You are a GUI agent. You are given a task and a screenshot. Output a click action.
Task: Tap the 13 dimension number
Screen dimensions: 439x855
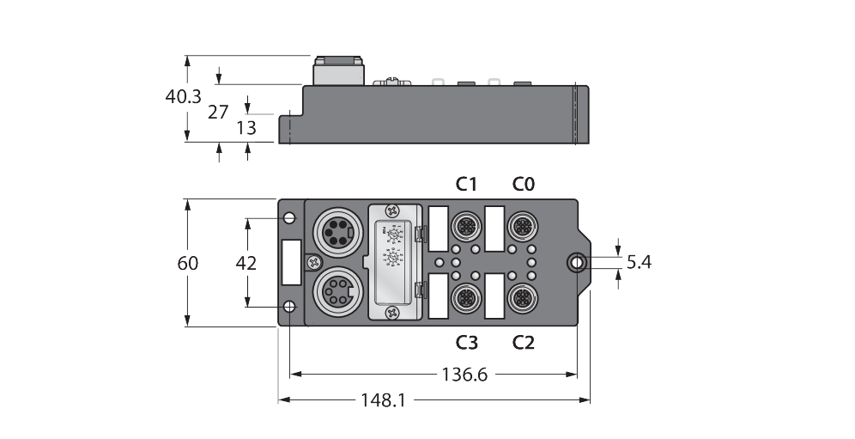click(x=246, y=128)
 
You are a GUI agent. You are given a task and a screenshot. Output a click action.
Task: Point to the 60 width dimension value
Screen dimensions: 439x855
click(x=187, y=263)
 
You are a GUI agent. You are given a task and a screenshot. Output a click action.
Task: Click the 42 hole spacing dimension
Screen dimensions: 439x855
click(x=247, y=263)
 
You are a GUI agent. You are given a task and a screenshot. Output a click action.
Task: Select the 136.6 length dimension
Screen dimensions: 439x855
click(x=469, y=375)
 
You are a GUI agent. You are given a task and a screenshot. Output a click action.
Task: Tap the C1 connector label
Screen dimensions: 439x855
click(x=466, y=183)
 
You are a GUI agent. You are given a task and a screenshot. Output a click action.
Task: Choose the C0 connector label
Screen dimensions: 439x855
click(x=523, y=183)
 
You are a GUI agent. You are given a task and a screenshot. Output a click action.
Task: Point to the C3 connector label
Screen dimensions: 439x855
click(x=466, y=342)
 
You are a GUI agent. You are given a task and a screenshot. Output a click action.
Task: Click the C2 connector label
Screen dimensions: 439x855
click(x=523, y=342)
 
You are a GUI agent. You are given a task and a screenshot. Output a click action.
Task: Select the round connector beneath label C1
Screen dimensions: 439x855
click(x=465, y=227)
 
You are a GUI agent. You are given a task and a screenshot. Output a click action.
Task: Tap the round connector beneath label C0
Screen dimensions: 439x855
click(x=522, y=227)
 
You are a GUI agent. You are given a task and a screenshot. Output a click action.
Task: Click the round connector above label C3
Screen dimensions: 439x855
click(x=465, y=298)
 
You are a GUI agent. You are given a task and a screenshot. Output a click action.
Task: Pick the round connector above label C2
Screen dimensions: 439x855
click(x=522, y=298)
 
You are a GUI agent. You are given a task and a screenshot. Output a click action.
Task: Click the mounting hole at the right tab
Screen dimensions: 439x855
click(x=577, y=262)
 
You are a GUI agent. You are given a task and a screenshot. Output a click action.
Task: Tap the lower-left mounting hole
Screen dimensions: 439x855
click(x=290, y=307)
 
